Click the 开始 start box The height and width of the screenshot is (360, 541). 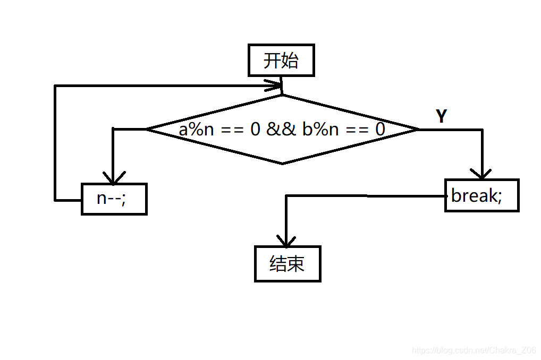point(281,61)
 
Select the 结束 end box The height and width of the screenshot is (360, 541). point(288,263)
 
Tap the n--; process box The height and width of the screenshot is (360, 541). point(114,199)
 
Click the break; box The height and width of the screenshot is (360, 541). point(481,195)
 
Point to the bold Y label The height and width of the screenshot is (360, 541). point(441,116)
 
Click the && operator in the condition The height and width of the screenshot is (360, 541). point(281,129)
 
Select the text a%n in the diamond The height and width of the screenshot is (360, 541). point(196,129)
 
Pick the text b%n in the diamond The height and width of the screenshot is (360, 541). point(320,129)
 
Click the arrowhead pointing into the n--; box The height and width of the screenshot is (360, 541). point(113,177)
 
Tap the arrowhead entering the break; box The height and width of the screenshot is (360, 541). point(481,173)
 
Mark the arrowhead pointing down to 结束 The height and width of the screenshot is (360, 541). point(286,241)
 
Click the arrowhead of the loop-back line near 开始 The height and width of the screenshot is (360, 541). point(276,85)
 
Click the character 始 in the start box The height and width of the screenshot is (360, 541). point(290,61)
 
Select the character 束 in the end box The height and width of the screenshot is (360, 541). point(296,263)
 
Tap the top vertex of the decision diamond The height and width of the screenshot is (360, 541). point(282,96)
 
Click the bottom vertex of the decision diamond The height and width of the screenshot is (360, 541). point(282,164)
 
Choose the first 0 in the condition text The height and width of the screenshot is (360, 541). point(256,129)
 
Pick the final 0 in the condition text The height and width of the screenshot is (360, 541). point(380,129)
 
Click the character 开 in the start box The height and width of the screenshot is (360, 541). point(272,61)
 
